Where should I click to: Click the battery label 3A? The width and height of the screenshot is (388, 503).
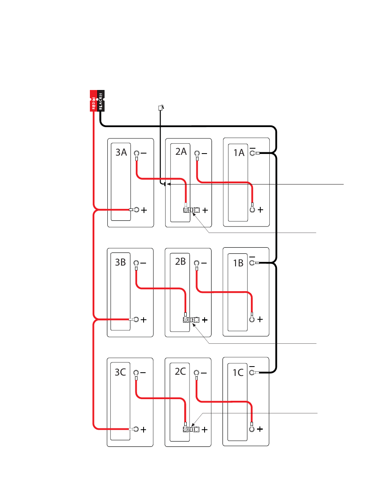coord(121,152)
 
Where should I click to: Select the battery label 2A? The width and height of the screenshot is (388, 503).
coord(181,152)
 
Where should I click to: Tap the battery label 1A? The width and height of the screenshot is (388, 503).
coord(239,153)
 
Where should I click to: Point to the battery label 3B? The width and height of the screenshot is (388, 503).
coord(120,262)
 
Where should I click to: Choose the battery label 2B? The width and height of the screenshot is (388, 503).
coord(181,261)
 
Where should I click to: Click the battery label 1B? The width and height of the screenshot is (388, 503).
coord(238,263)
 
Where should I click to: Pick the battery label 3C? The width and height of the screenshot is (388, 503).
coord(120,372)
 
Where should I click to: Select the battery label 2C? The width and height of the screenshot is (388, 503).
coord(180,371)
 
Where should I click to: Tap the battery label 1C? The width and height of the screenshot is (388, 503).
coord(238,373)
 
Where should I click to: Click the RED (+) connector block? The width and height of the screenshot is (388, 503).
coord(94,101)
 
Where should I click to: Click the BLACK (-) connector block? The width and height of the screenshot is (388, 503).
coord(101,101)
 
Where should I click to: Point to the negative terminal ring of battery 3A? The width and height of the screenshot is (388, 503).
coord(137,153)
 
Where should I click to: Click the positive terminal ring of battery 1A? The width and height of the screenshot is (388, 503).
coord(252,210)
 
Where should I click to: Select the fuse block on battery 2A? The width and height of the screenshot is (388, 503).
coord(191,210)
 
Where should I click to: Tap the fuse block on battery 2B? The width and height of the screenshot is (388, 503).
coord(191,320)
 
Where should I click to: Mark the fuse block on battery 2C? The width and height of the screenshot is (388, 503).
coord(191,429)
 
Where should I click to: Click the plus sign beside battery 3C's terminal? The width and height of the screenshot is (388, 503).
coord(144,430)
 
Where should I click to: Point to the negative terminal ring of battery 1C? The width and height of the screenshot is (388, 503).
coord(252,372)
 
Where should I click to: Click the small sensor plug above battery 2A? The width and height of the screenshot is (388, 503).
coord(161,108)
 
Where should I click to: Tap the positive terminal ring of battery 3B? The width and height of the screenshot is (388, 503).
coord(136,319)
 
